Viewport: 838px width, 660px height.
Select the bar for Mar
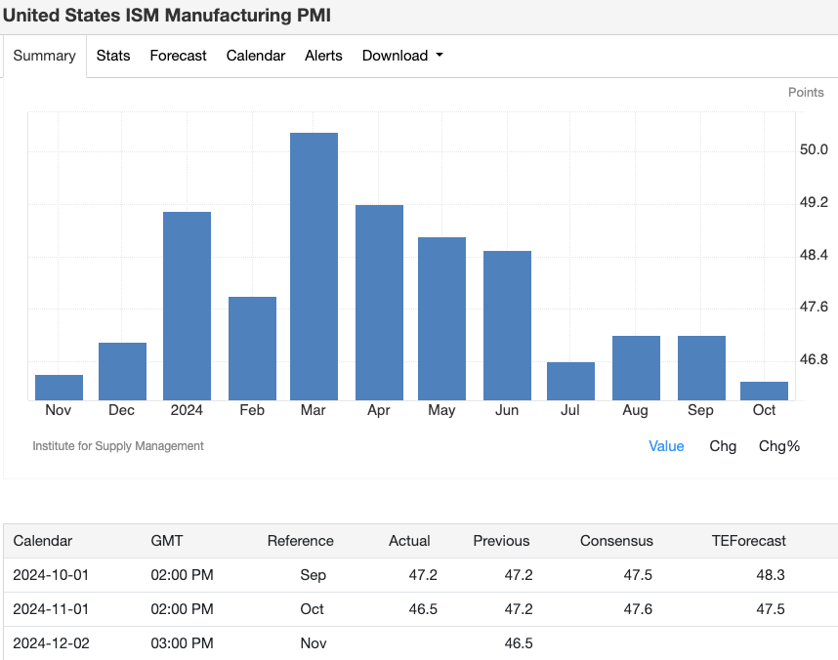314,266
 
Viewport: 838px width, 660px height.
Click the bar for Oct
764,391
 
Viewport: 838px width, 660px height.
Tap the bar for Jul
570,381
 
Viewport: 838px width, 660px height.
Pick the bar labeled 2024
187,306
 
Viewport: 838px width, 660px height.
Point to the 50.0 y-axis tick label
813,149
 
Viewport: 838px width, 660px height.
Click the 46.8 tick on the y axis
813,359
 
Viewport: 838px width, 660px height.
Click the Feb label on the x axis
252,410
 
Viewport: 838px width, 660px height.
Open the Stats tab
113,56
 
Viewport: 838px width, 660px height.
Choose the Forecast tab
178,56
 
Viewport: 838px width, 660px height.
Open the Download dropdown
401,56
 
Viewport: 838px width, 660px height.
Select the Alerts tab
323,56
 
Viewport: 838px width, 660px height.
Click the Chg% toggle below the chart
778,446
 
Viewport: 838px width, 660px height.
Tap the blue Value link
666,446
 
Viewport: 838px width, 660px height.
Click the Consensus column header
616,541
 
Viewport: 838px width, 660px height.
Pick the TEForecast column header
748,541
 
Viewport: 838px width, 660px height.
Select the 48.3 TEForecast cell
771,575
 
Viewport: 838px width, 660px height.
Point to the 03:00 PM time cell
182,643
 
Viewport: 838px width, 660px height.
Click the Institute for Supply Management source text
118,446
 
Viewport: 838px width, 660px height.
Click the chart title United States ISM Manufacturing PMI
166,16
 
